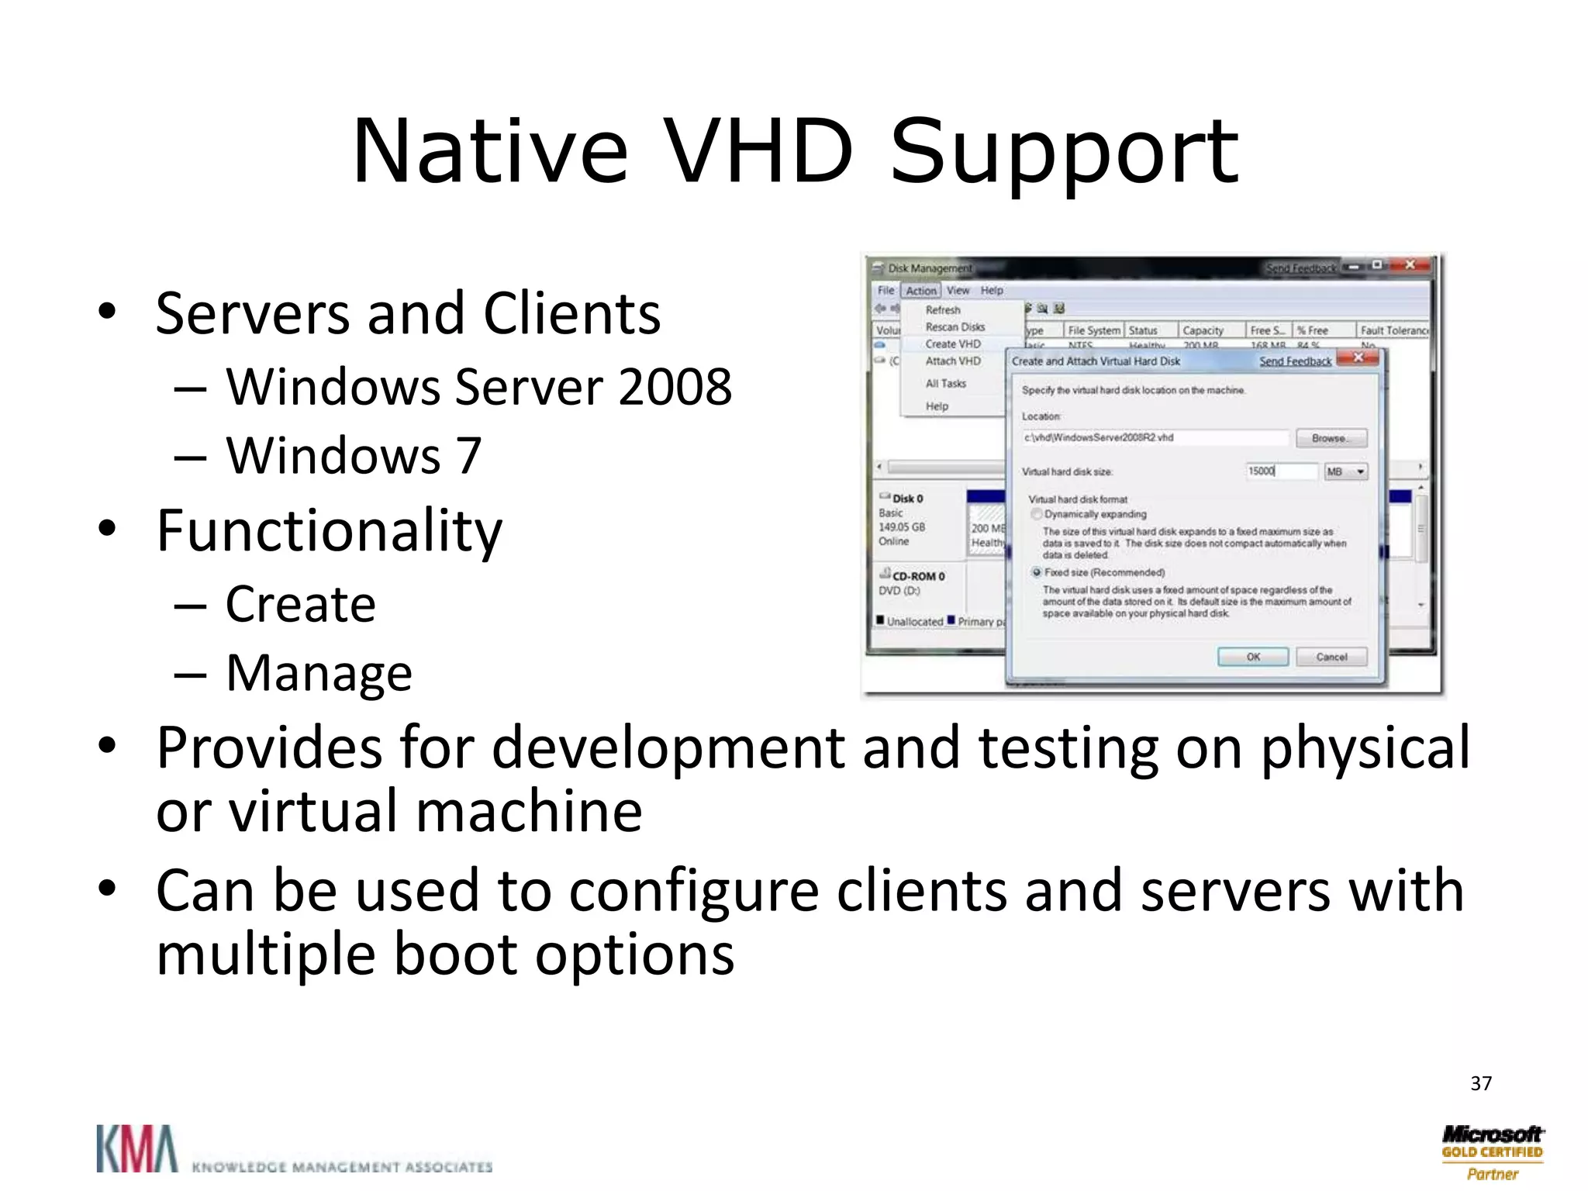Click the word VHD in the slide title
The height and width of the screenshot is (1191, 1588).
758,151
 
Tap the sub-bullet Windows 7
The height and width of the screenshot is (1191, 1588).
354,455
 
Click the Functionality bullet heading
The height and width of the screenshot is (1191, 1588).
329,531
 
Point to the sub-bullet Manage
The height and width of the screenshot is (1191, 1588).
319,673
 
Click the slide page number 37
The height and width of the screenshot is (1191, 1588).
1480,1083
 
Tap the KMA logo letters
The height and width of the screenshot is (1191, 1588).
136,1149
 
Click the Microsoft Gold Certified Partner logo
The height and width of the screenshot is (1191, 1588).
1492,1152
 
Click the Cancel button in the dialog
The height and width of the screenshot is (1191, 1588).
1331,657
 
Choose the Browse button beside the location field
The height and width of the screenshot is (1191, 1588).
1331,438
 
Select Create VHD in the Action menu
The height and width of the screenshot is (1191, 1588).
952,344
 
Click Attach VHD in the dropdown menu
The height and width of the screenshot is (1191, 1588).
952,361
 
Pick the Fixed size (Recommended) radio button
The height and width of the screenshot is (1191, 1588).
1037,573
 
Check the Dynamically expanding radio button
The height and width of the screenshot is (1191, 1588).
1037,515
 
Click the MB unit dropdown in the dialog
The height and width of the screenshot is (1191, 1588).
1345,471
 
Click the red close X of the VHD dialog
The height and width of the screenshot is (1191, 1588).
1358,358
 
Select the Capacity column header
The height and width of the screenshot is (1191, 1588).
1203,330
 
